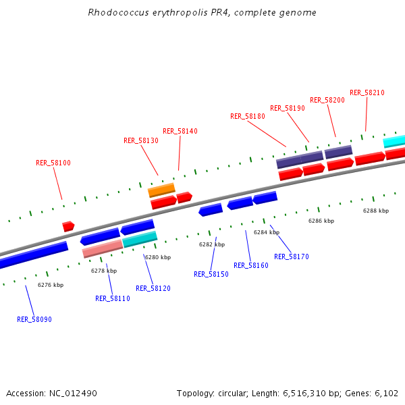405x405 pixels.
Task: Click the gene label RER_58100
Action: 53,163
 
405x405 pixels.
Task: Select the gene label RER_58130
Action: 141,140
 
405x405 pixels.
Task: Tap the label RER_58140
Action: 180,131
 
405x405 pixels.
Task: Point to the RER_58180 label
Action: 248,116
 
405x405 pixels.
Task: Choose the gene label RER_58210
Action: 367,92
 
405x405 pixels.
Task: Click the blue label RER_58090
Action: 34,319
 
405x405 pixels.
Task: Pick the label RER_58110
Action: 113,298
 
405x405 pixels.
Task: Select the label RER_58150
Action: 211,274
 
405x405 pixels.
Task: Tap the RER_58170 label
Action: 292,256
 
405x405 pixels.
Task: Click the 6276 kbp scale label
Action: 51,285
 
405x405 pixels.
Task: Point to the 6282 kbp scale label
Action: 212,244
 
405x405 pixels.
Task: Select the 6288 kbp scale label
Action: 376,211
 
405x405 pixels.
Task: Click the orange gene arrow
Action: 161,190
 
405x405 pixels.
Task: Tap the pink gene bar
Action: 102,248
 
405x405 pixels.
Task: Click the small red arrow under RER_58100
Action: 68,226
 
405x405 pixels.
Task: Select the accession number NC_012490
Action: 74,393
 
